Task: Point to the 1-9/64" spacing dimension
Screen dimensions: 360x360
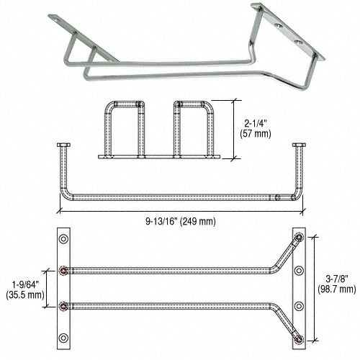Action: click(x=27, y=282)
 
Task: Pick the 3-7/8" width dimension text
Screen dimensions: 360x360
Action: click(x=337, y=277)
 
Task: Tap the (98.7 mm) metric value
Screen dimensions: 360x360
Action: click(x=337, y=289)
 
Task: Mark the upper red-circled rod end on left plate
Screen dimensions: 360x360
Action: click(x=65, y=271)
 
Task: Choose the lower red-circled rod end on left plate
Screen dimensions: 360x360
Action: click(x=65, y=305)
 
